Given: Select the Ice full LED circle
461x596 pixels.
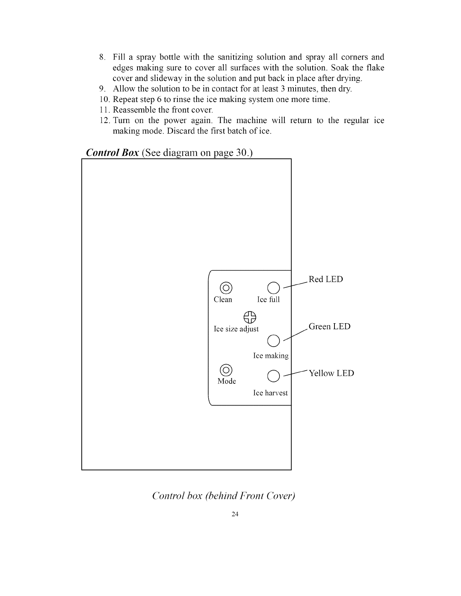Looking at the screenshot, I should click(273, 287).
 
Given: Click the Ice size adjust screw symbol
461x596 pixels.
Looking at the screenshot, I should click(250, 318).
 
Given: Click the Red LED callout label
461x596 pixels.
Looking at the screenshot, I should click(326, 280).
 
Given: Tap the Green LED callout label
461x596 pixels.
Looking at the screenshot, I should click(330, 327).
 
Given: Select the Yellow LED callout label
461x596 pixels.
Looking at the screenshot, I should click(331, 374).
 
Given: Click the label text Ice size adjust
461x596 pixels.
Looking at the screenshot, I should click(236, 329).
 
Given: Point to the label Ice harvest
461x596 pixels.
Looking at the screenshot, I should click(270, 393).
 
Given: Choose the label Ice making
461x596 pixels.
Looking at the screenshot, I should click(271, 356).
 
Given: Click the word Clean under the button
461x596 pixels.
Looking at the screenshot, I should click(223, 300).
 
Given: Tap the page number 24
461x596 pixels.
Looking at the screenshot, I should click(235, 514).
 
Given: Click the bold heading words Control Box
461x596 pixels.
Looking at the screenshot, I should click(113, 153).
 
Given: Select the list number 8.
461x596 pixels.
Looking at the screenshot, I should click(101, 58).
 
